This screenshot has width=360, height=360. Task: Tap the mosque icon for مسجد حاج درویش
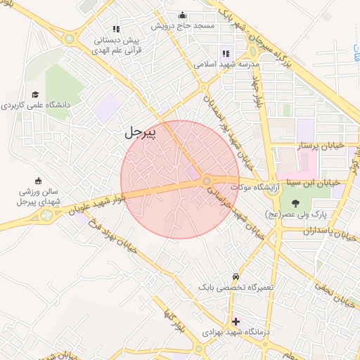183,15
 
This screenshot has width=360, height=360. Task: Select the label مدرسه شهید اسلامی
227,63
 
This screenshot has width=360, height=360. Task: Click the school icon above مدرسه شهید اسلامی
226,52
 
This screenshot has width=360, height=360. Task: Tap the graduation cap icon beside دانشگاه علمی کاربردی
35,94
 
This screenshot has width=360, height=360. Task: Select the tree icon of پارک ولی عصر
294,203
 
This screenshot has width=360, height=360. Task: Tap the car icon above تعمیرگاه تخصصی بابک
236,276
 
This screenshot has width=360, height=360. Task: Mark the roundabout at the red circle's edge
206,181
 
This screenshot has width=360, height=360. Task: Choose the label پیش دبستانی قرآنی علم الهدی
118,44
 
